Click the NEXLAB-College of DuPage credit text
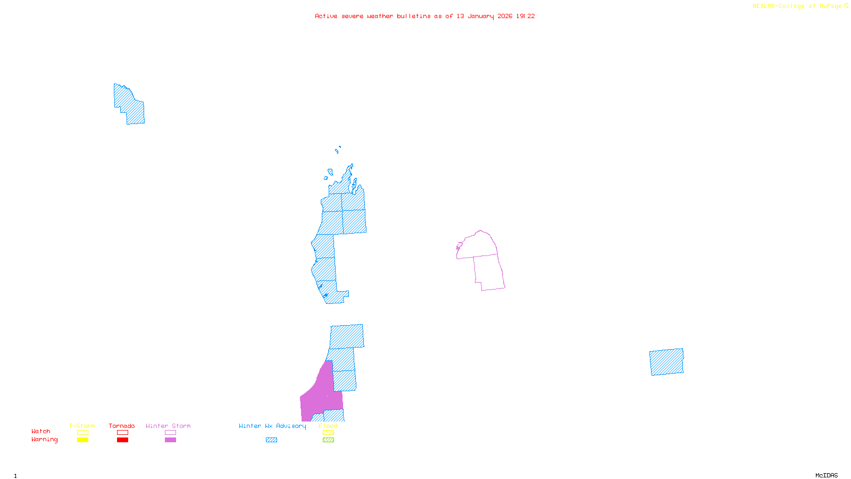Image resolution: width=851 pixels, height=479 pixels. pyautogui.click(x=800, y=6)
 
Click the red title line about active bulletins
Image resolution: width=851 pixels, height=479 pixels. pyautogui.click(x=424, y=16)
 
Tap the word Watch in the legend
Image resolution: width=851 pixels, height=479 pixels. pyautogui.click(x=41, y=431)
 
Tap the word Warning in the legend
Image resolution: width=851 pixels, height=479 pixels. pyautogui.click(x=44, y=440)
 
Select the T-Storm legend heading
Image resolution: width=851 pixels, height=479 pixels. pyautogui.click(x=82, y=426)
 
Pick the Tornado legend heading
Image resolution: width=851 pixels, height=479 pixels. pyautogui.click(x=122, y=426)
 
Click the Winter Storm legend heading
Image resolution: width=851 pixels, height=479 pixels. pyautogui.click(x=168, y=426)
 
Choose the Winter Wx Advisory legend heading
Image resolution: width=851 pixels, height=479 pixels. pyautogui.click(x=272, y=426)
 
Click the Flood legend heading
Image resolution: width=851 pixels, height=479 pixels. pyautogui.click(x=328, y=426)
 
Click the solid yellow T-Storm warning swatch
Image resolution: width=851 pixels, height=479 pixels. pyautogui.click(x=82, y=440)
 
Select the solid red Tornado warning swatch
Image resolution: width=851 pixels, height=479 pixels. pyautogui.click(x=122, y=440)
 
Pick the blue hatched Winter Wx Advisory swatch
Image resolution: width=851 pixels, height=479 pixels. pyautogui.click(x=271, y=440)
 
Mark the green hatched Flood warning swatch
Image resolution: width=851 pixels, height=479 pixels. pyautogui.click(x=328, y=440)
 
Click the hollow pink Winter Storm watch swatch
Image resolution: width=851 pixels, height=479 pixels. pyautogui.click(x=170, y=433)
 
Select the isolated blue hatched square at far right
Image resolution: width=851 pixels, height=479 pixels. pyautogui.click(x=666, y=362)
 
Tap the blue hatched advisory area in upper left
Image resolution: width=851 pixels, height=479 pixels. pyautogui.click(x=129, y=105)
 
